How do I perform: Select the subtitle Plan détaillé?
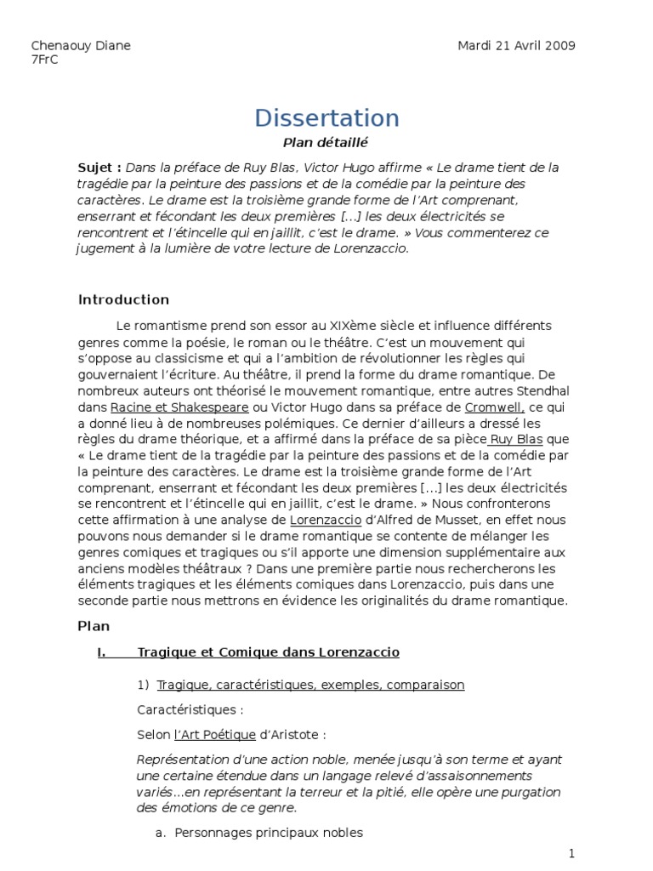point(326,143)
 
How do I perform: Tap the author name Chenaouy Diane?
point(81,45)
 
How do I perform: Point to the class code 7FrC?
point(44,60)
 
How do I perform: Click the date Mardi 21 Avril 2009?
point(515,45)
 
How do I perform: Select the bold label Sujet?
point(96,168)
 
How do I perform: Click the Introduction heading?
point(123,299)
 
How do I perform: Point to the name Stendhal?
point(536,390)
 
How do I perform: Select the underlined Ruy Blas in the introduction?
point(516,439)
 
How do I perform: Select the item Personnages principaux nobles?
point(268,833)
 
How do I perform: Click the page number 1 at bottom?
point(572,852)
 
